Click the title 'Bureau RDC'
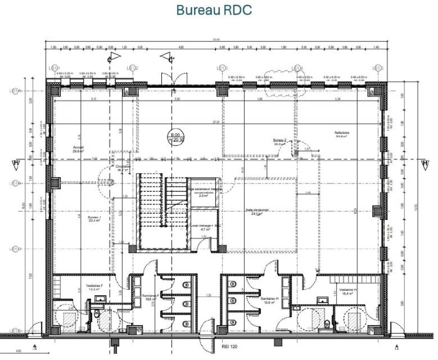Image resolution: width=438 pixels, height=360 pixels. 214,10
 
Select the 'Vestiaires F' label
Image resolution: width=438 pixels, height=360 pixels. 93,287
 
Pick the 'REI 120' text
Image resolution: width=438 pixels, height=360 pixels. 229,347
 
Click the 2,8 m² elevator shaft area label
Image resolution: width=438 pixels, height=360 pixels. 204,196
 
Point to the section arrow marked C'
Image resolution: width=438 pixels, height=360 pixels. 167,56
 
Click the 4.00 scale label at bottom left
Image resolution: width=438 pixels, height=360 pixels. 18,351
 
